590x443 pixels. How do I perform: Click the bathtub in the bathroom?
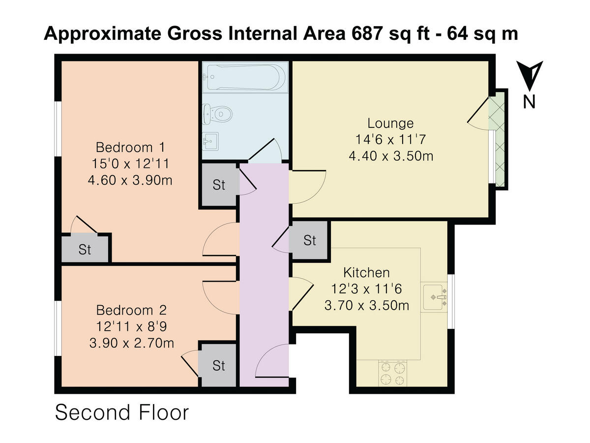pyautogui.click(x=245, y=78)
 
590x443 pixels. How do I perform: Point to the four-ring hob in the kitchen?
pyautogui.click(x=393, y=374)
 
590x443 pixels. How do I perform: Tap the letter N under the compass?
pyautogui.click(x=529, y=102)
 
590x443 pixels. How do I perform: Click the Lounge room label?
pyautogui.click(x=391, y=123)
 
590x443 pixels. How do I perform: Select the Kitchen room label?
pyautogui.click(x=366, y=272)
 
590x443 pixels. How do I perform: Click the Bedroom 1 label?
pyautogui.click(x=130, y=147)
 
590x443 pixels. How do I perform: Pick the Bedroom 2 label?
pyautogui.click(x=131, y=310)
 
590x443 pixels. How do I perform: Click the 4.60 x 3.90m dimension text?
pyautogui.click(x=130, y=180)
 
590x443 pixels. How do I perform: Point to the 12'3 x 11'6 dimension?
pyautogui.click(x=366, y=289)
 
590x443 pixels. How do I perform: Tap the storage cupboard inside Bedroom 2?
pyautogui.click(x=218, y=365)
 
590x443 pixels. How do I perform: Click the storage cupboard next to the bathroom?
pyautogui.click(x=219, y=185)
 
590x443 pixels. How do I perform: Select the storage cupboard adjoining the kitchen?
pyautogui.click(x=309, y=240)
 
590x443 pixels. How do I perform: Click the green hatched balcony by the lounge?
pyautogui.click(x=499, y=139)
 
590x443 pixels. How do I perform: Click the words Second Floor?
pyautogui.click(x=121, y=412)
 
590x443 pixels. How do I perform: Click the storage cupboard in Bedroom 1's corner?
pyautogui.click(x=85, y=249)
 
